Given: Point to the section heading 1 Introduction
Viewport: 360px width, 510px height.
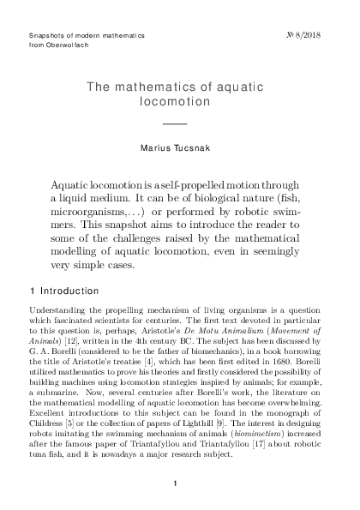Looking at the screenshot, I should [64, 291].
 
